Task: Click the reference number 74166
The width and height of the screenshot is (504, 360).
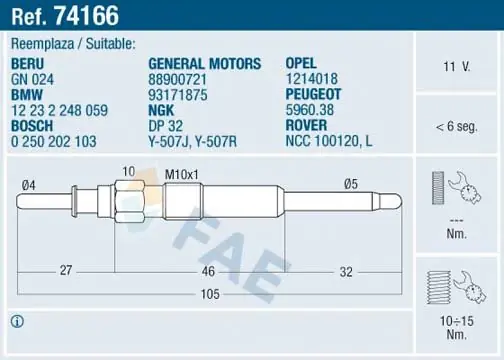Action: coord(86,16)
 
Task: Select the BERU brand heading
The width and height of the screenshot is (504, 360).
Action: coord(28,64)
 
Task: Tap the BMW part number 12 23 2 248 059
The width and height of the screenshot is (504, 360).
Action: coord(60,110)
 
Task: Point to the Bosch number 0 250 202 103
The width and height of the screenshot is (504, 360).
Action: coord(54,141)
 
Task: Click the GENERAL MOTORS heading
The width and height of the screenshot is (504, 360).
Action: coord(205,64)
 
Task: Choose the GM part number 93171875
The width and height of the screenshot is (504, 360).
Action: coord(178,95)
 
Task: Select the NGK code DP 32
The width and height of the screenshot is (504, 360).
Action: coord(166,126)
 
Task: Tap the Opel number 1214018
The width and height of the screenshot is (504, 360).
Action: coord(312,79)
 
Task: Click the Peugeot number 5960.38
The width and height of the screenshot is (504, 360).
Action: coord(310,110)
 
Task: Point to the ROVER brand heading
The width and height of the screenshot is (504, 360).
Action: coord(306,125)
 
